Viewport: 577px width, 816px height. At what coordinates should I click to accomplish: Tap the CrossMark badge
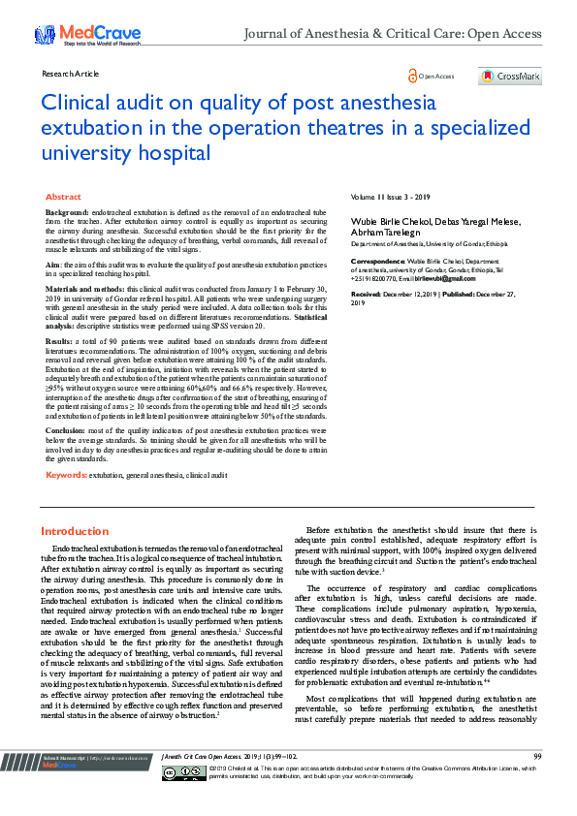tap(510, 76)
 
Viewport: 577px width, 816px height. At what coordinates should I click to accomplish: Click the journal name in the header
tap(392, 34)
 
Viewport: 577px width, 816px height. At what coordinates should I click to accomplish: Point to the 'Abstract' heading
tap(63, 197)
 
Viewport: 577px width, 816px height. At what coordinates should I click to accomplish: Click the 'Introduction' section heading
tap(75, 531)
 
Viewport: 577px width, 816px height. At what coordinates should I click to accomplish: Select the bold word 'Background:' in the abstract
tap(68, 211)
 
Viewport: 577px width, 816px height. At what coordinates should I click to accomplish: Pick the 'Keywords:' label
tap(66, 475)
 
